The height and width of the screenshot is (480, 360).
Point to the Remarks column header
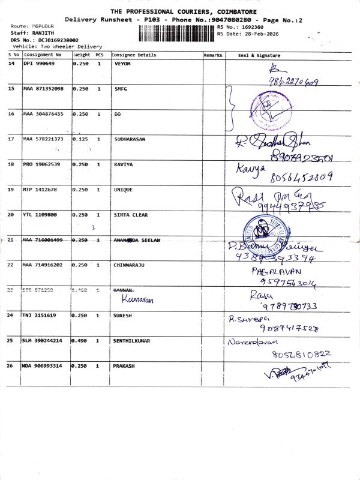tap(213, 55)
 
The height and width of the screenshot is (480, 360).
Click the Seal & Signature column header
tap(259, 55)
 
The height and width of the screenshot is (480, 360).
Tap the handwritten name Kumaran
tap(134, 298)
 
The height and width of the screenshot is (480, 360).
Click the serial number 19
tap(11, 189)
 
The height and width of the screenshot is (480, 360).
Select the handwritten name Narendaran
tap(250, 342)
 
